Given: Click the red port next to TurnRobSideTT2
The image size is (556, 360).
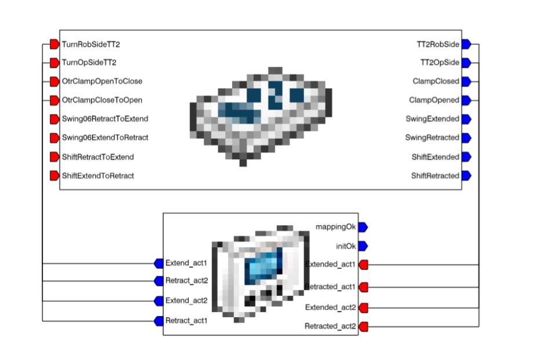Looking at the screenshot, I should (54, 44).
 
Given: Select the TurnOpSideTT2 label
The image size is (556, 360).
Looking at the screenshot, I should (85, 63).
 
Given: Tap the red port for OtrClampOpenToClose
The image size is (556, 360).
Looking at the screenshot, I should (54, 82).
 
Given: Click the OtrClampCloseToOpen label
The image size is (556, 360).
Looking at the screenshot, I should (102, 100).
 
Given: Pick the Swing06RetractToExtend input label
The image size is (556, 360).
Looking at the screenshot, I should (105, 119).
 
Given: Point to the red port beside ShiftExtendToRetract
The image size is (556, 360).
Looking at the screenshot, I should (54, 176).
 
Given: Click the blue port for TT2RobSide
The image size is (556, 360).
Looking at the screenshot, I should (466, 44).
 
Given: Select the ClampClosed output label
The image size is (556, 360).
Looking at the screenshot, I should (436, 82).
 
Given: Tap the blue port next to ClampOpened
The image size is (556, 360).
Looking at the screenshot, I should (466, 100).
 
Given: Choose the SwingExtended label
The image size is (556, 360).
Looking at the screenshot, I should (433, 119).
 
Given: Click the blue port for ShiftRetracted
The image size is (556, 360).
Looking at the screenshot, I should (466, 176).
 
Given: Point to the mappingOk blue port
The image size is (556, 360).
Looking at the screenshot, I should (363, 227).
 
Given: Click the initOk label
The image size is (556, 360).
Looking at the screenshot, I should (346, 246).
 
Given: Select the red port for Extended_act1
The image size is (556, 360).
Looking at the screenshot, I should (364, 265).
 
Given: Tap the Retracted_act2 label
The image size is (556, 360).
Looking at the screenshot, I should (330, 326).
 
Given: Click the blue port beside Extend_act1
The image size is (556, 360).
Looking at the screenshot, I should (159, 263).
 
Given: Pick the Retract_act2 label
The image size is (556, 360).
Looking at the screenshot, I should (186, 281).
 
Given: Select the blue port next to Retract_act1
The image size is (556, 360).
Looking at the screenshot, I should (159, 321).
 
